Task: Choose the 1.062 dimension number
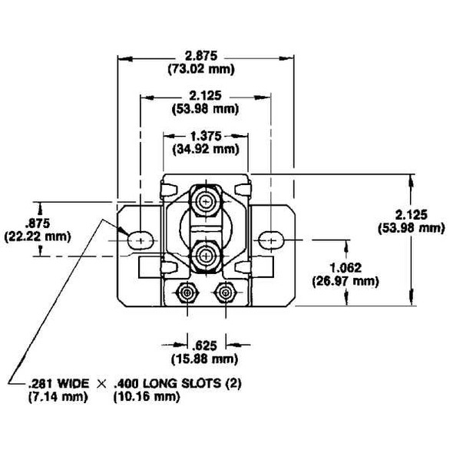346,268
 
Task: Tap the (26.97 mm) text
346,281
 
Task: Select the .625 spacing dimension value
203,345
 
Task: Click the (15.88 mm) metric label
203,358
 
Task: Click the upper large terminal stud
205,202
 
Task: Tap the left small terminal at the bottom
187,293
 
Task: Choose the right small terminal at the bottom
224,293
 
